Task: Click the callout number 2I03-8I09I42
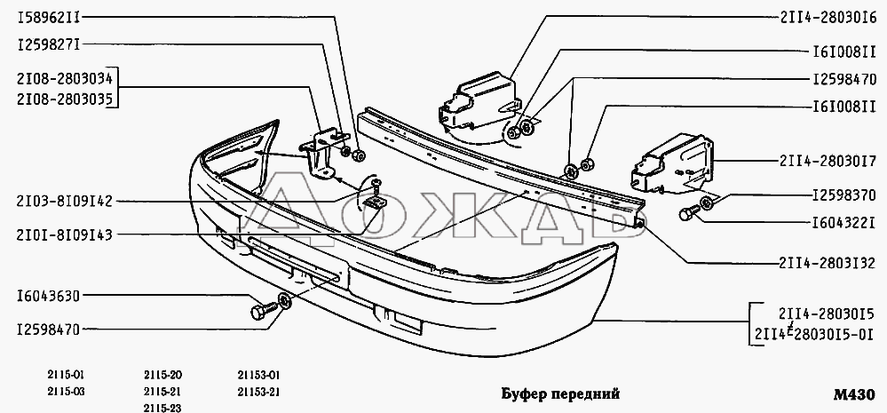point(65,202)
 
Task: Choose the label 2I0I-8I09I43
point(65,234)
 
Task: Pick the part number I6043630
point(49,296)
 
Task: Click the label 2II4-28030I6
point(828,18)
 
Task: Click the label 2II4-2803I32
point(828,263)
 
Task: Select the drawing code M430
point(854,394)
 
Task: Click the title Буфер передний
point(560,393)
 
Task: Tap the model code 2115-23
point(162,408)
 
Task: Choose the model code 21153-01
point(259,375)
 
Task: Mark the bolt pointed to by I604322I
point(688,214)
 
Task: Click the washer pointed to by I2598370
point(706,203)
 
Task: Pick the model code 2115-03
point(67,392)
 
